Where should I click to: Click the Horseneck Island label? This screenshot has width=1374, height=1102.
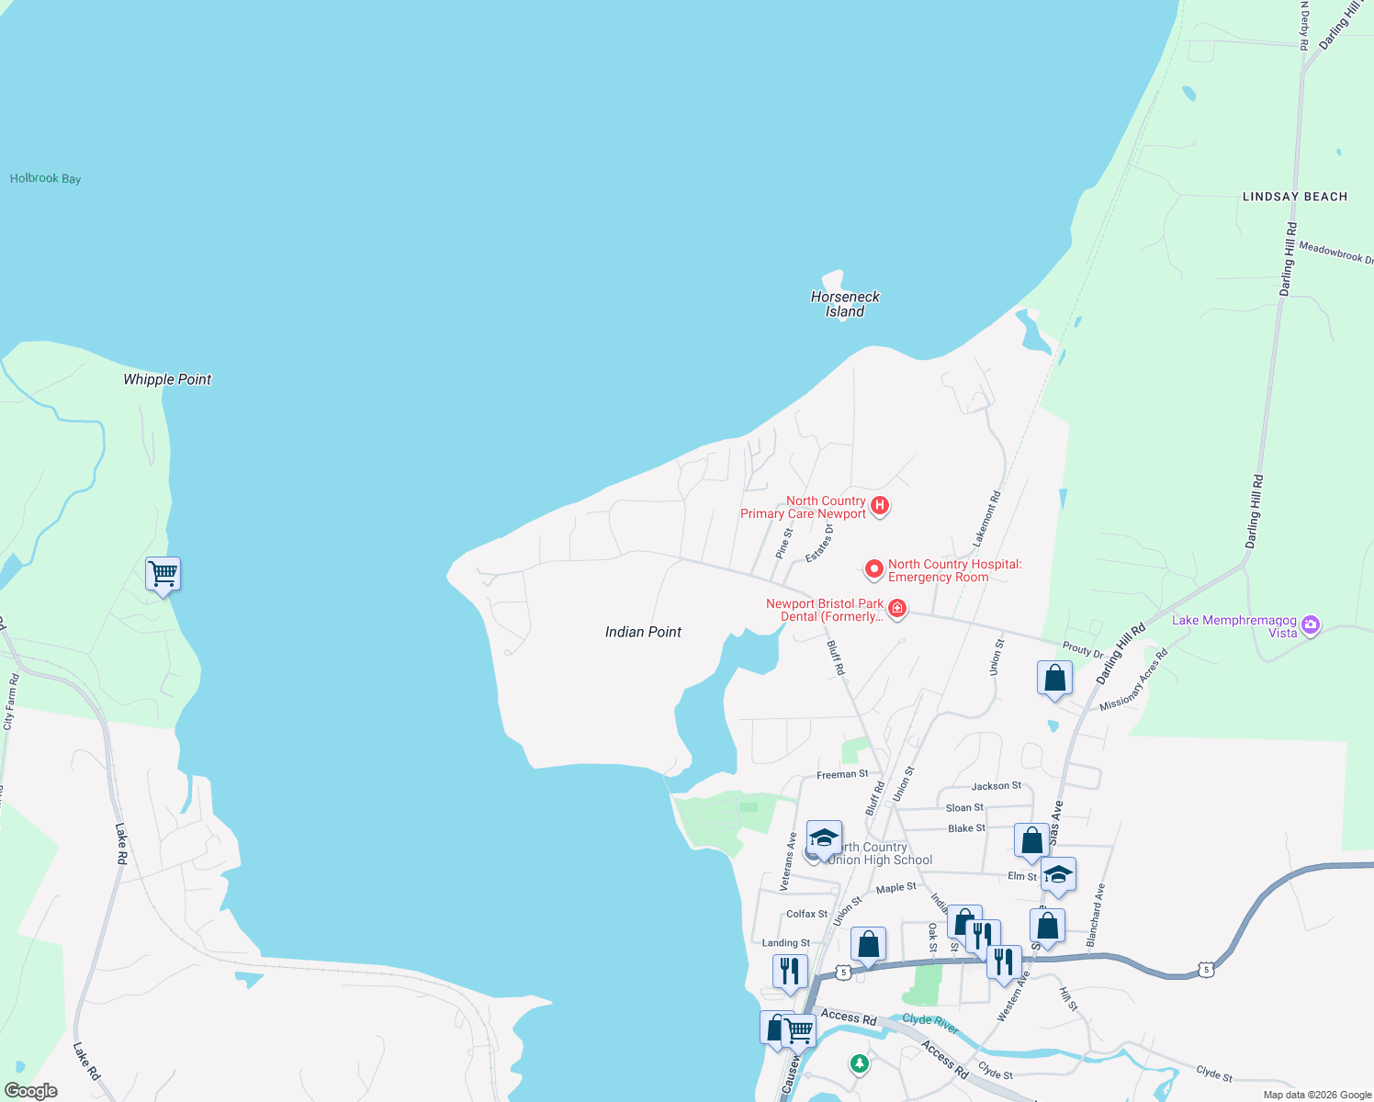click(x=845, y=304)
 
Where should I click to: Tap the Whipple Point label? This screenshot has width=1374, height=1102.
click(x=167, y=379)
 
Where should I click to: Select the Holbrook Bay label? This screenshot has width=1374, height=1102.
click(x=45, y=178)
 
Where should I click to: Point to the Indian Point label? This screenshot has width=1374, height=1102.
click(x=643, y=632)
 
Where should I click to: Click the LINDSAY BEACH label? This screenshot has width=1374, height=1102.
click(x=1294, y=197)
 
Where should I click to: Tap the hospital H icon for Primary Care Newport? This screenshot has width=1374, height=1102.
click(x=880, y=505)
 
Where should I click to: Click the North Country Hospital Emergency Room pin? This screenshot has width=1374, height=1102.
click(x=873, y=570)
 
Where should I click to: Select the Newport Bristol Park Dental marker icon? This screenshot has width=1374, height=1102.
click(x=897, y=608)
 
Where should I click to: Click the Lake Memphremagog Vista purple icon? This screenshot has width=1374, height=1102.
click(x=1311, y=625)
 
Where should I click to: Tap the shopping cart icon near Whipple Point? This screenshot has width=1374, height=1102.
click(x=163, y=574)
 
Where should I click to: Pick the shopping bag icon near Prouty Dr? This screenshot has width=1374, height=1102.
click(x=1054, y=679)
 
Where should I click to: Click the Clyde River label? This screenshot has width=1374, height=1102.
click(x=930, y=1021)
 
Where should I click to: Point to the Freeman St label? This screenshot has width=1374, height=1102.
click(x=842, y=774)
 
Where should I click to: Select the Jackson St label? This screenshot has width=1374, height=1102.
click(x=996, y=786)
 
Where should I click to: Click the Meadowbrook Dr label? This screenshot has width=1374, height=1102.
click(x=1335, y=253)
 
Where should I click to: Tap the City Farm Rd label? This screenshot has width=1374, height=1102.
click(x=11, y=703)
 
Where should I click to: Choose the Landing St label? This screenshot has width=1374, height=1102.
click(x=786, y=943)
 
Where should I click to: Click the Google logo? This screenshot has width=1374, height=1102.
click(x=31, y=1091)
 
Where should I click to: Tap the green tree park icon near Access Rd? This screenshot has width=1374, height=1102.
click(x=859, y=1063)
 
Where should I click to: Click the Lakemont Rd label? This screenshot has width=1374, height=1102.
click(x=986, y=521)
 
